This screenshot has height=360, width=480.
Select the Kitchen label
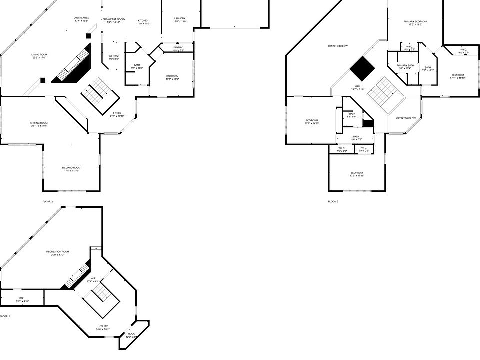point(143,21)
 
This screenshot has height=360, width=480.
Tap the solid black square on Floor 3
point(362,68)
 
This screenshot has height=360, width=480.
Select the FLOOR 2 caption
point(48,201)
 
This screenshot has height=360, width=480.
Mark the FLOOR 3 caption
point(333,201)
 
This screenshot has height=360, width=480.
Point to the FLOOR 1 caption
point(4,316)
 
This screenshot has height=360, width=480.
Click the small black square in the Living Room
point(43,80)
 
